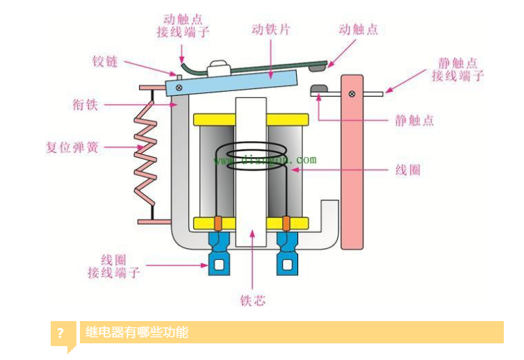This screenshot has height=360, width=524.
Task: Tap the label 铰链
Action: [104, 62]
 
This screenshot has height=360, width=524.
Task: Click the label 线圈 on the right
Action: [408, 170]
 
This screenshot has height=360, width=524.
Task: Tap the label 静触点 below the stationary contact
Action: [414, 120]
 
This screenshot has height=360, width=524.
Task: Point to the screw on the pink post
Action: [353, 94]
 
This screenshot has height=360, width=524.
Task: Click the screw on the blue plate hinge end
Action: [179, 87]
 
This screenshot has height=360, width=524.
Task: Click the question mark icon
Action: [62, 332]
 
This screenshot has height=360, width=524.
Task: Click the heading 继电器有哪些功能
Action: [137, 332]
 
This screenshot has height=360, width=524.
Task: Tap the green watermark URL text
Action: [265, 160]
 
